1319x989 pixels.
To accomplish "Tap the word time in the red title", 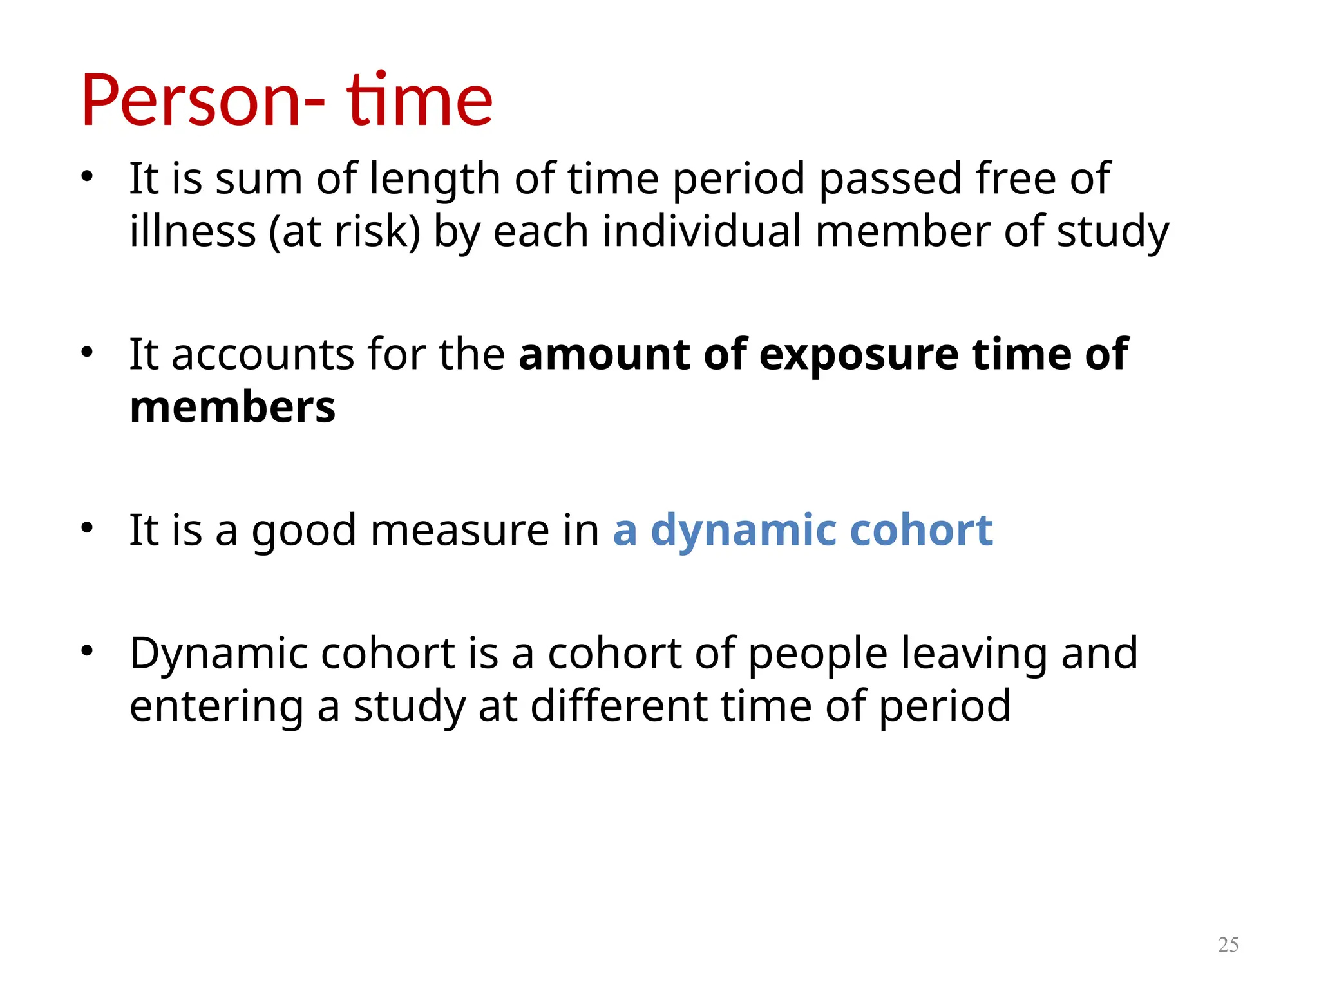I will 419,101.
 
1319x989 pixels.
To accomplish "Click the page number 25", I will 1228,945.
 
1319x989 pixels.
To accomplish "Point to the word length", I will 435,180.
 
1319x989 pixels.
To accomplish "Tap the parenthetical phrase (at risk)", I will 344,232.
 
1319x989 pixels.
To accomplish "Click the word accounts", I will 263,355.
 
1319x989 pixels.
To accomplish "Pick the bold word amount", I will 604,355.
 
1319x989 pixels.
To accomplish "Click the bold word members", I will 232,408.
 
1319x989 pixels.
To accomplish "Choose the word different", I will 618,706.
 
